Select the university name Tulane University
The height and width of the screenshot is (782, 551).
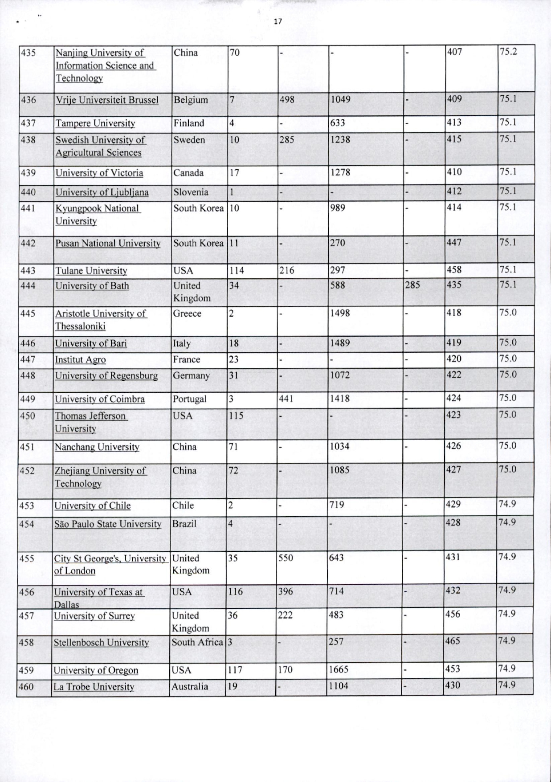91,271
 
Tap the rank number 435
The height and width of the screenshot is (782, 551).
28,53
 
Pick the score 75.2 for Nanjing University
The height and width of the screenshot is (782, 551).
508,51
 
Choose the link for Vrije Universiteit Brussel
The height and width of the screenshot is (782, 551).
107,100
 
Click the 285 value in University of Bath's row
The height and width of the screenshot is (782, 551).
412,285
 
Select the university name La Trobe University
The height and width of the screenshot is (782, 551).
94,687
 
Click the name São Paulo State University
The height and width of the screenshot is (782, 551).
108,524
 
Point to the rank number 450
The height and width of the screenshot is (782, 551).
27,416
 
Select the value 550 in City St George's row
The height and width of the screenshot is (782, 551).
286,558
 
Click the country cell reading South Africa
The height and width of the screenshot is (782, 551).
197,642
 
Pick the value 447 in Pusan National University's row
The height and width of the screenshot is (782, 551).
454,242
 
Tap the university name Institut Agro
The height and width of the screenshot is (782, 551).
80,360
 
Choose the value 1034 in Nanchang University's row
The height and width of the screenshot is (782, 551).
339,446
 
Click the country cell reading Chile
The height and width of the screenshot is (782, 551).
183,505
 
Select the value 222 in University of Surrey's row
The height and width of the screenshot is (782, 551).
285,615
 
